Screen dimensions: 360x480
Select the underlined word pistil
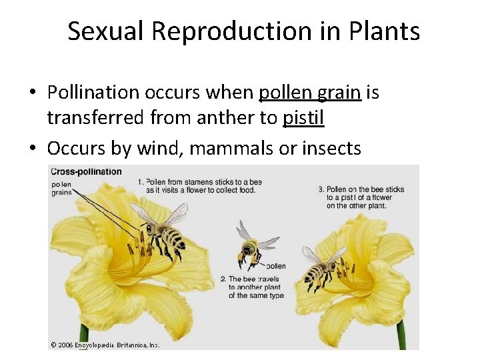[303, 118]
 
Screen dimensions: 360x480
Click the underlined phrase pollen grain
[310, 92]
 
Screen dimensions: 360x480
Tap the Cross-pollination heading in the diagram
[87, 171]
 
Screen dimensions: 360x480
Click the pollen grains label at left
[61, 189]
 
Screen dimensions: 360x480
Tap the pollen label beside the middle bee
[275, 265]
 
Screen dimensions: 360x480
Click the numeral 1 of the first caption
[140, 182]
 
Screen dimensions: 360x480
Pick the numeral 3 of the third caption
[321, 189]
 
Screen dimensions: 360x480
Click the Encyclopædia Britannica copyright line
[105, 345]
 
